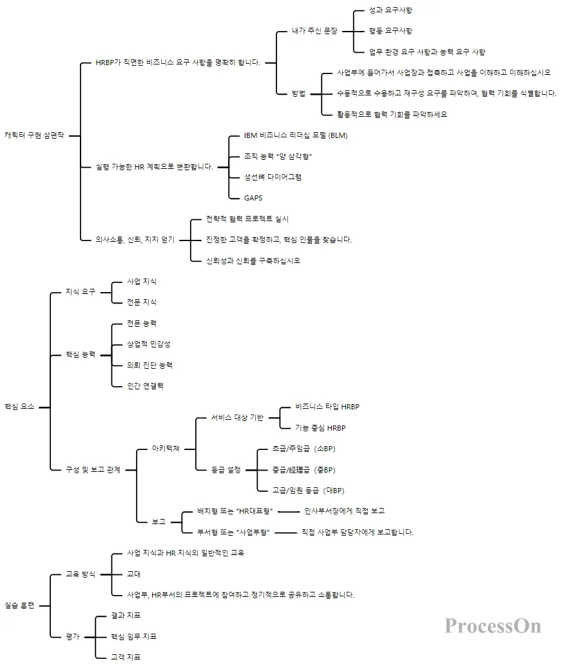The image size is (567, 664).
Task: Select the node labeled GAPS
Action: [x=253, y=198]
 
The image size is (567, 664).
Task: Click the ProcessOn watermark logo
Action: [x=493, y=625]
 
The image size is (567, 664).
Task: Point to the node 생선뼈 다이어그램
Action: [x=273, y=177]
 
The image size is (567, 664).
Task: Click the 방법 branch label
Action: [x=298, y=93]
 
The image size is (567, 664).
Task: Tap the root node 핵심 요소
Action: [x=19, y=407]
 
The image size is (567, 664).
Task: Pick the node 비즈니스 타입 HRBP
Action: [x=327, y=407]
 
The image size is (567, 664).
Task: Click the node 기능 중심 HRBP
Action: [x=321, y=428]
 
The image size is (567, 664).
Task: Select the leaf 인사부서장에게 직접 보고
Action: [x=344, y=511]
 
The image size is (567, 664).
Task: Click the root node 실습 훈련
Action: [x=19, y=605]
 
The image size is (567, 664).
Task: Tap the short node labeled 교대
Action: [x=134, y=574]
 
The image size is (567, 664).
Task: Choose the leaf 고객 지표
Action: [x=126, y=657]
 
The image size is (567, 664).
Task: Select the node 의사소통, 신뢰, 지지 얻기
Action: [x=130, y=240]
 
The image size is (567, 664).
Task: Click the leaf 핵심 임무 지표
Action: [x=134, y=636]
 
